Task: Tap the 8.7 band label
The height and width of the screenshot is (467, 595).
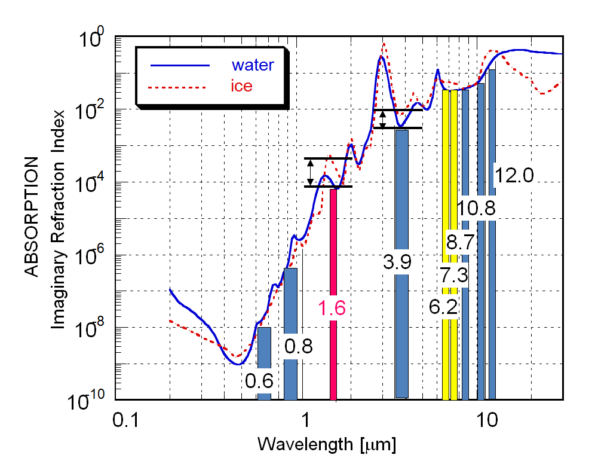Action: tap(461, 242)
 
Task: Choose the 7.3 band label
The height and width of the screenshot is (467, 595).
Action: tap(453, 276)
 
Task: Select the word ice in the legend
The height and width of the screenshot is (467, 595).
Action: tap(241, 86)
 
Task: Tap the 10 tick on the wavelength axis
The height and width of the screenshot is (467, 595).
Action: tap(488, 421)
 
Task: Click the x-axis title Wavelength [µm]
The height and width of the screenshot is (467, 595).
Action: tap(327, 445)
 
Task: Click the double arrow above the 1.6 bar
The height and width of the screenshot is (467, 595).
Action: tap(311, 172)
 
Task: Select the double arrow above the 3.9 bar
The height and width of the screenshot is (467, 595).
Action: tap(384, 118)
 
